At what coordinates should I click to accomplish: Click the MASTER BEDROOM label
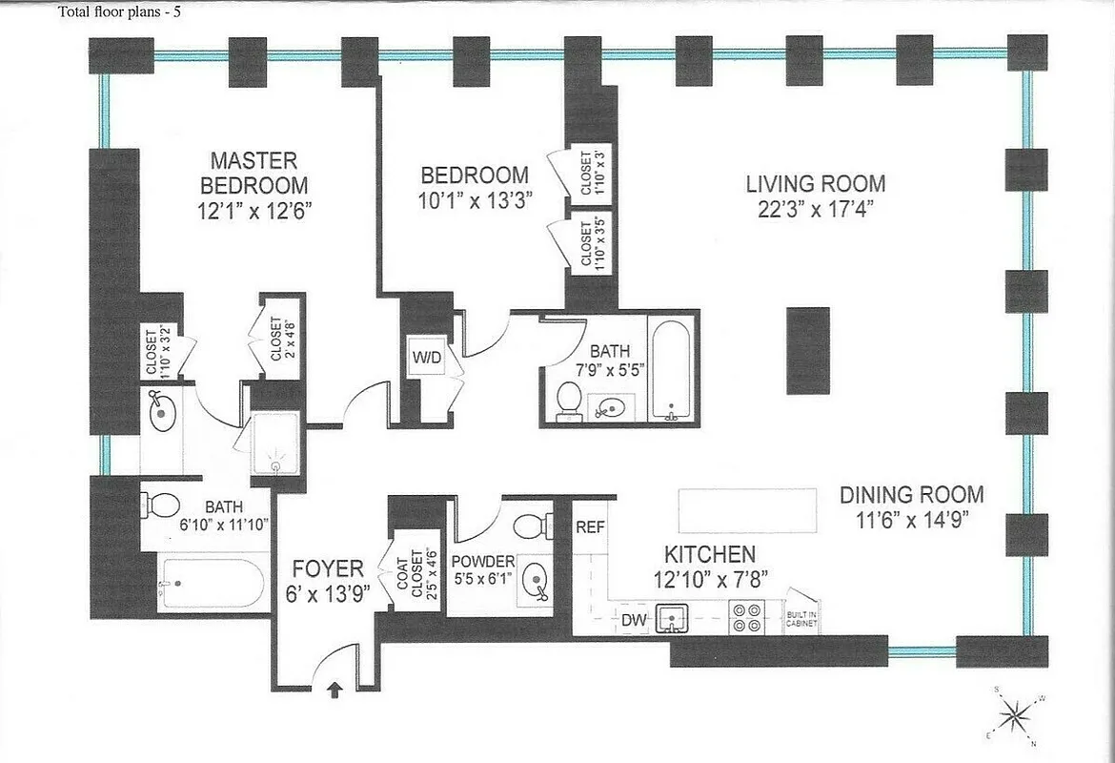[x=253, y=173]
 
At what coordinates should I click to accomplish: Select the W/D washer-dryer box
[x=425, y=359]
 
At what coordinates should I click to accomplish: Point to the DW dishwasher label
[x=634, y=621]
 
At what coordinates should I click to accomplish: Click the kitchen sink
[x=673, y=619]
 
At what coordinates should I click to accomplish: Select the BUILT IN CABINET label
[x=799, y=617]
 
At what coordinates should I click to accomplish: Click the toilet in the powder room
[x=531, y=526]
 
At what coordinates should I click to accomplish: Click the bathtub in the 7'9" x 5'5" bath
[x=672, y=369]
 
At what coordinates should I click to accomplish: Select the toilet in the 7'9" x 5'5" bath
[x=568, y=400]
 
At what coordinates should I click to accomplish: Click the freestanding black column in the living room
[x=807, y=350]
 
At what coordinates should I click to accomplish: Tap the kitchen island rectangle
[x=747, y=510]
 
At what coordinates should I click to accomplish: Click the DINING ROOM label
[x=911, y=495]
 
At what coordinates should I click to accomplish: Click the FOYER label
[x=328, y=569]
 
